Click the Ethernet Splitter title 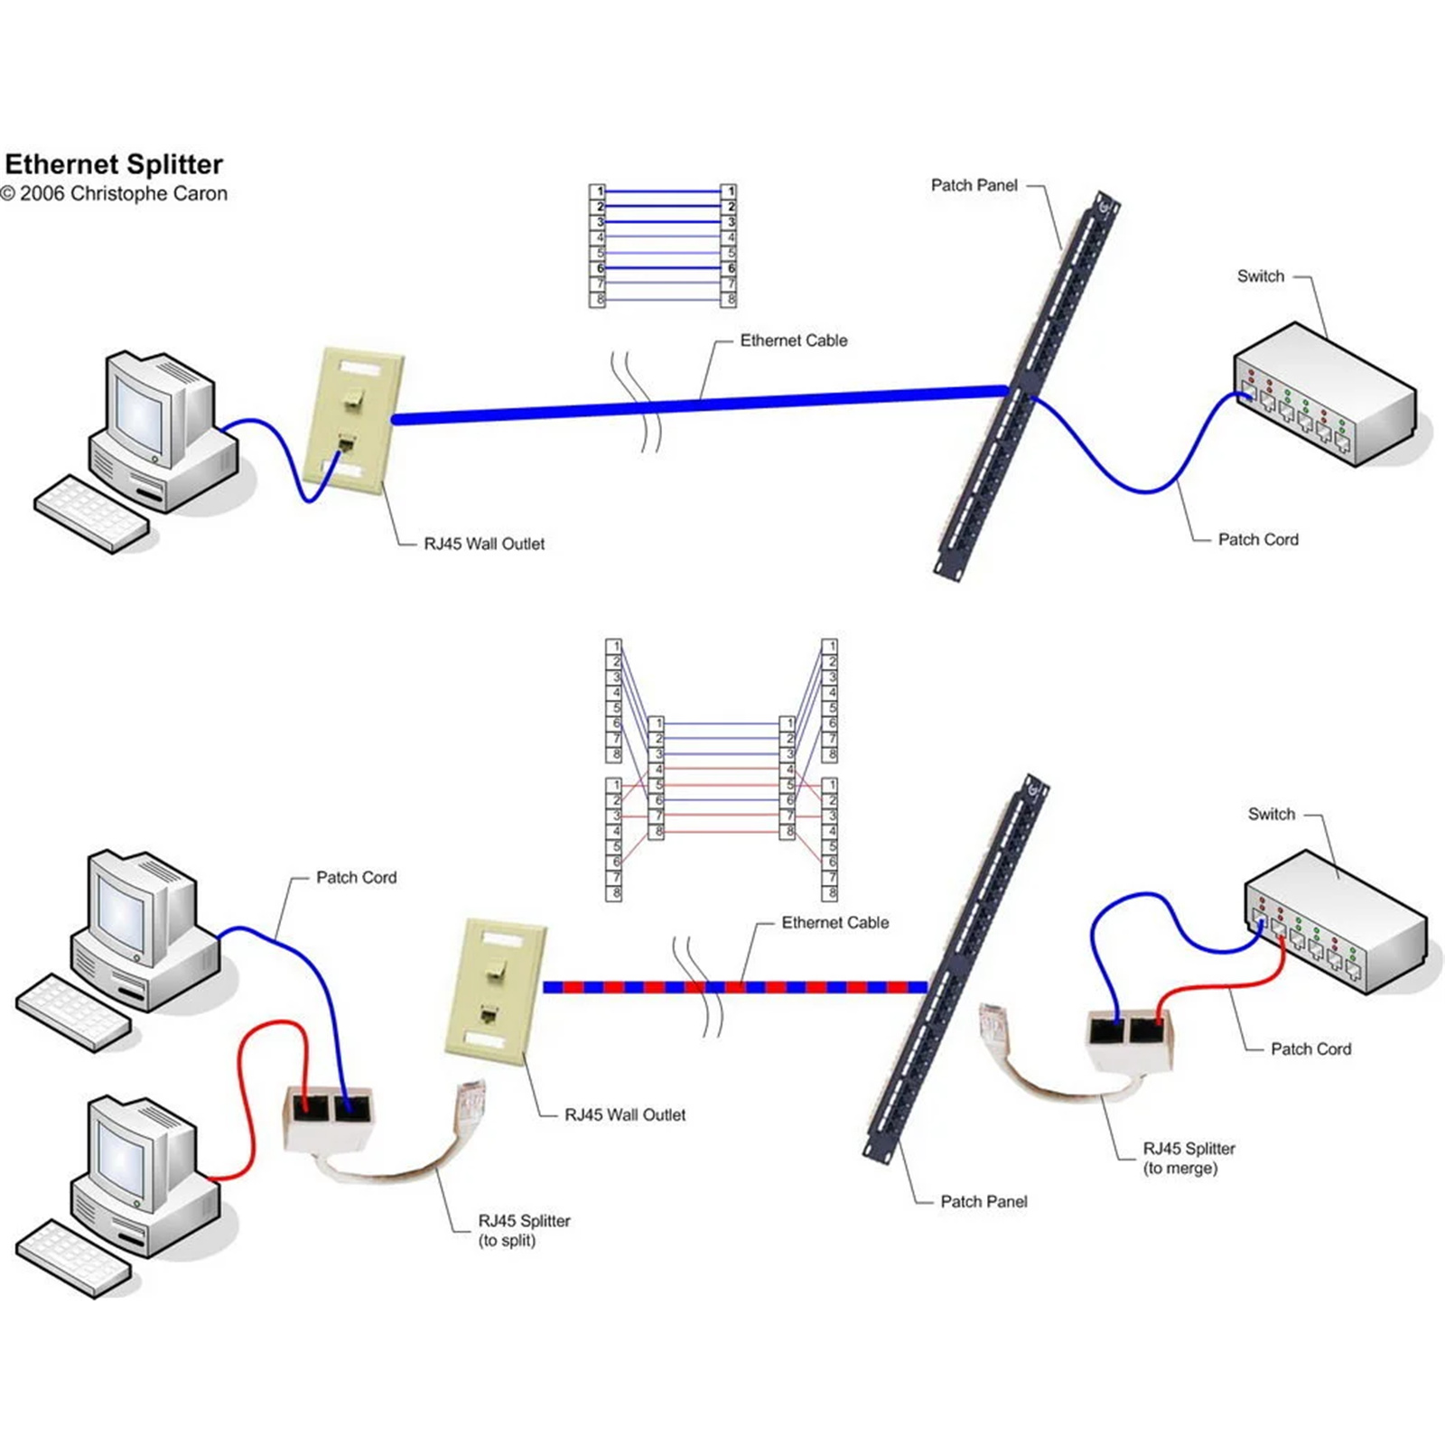[114, 164]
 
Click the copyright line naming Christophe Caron [115, 194]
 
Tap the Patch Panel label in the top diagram [974, 185]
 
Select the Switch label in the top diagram [1260, 276]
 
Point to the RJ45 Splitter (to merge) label [1188, 1158]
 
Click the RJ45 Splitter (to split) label [524, 1230]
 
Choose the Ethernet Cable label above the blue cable [793, 340]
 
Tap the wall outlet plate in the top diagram [354, 421]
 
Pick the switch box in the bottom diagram [1337, 921]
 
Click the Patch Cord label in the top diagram [1257, 540]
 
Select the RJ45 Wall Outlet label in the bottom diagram [624, 1115]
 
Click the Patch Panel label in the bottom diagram [984, 1202]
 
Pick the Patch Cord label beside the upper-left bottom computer [356, 878]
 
